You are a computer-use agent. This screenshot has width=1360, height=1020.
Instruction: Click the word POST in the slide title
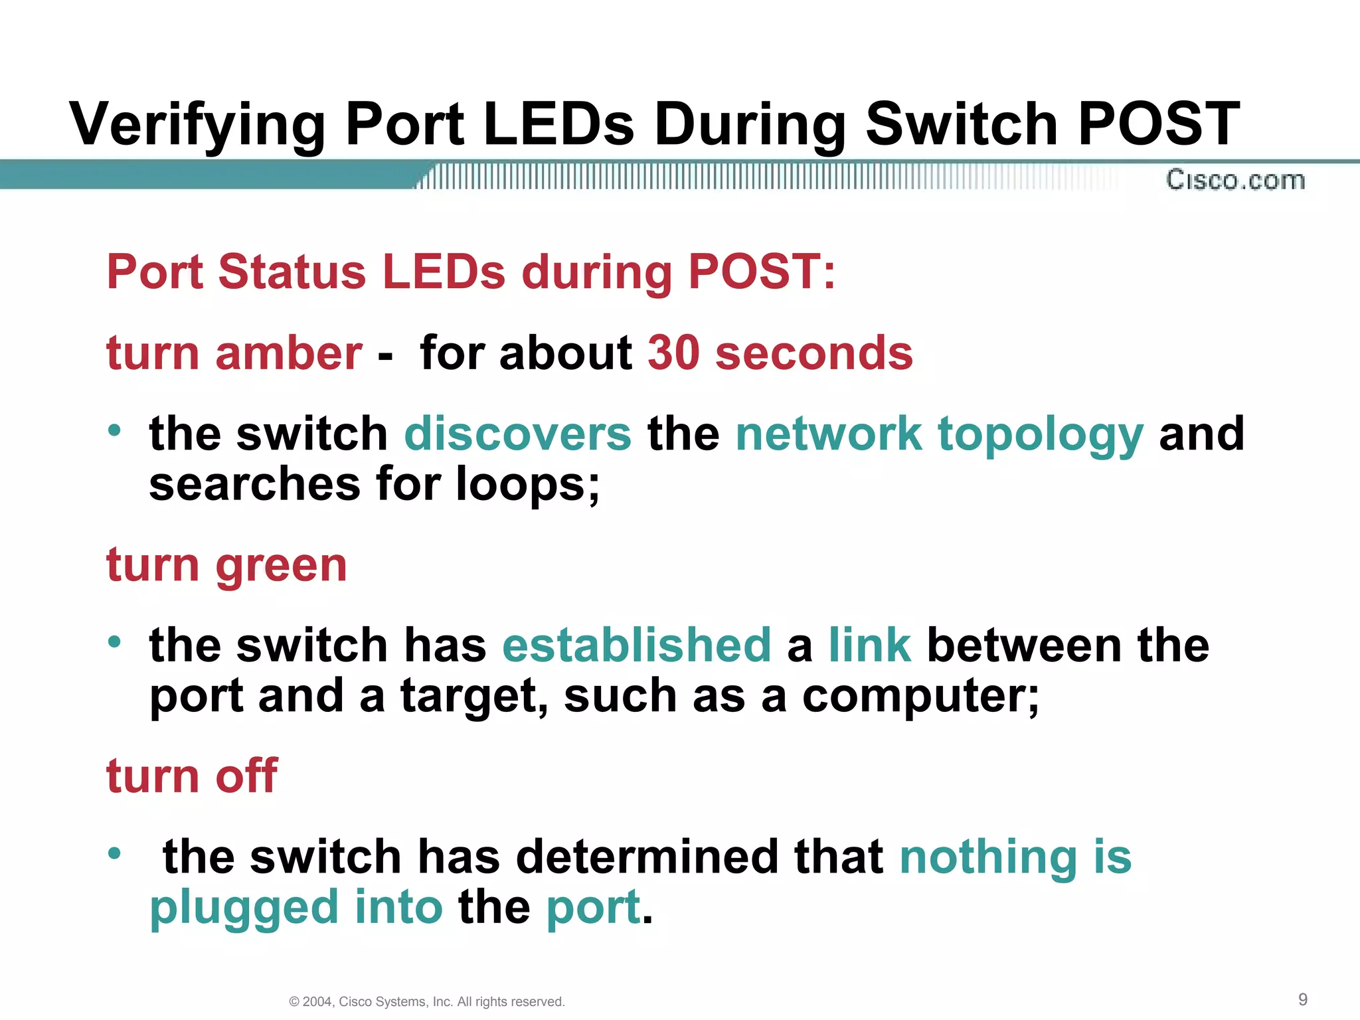click(1159, 124)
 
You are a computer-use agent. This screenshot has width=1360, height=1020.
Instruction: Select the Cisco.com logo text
click(1235, 180)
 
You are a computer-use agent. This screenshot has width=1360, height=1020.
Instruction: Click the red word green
click(281, 566)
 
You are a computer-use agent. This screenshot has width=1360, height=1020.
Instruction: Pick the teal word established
click(637, 645)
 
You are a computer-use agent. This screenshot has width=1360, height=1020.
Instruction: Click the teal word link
click(870, 645)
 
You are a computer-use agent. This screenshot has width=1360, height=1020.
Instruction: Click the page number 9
click(1303, 999)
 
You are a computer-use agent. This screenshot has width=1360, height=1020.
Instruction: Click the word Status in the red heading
click(292, 272)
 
